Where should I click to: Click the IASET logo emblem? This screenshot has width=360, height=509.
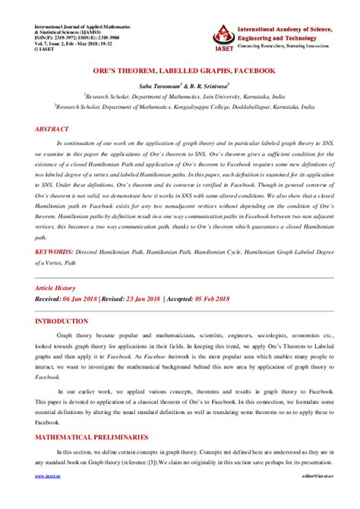tap(222, 33)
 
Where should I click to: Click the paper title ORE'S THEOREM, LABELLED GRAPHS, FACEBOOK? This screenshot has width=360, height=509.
tap(179, 71)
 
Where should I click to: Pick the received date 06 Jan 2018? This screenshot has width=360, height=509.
tap(83, 299)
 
